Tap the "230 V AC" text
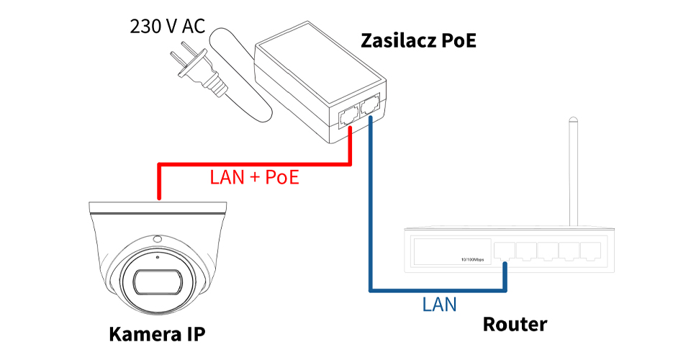click(168, 27)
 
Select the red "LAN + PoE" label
click(254, 178)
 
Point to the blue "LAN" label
click(439, 304)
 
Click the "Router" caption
click(515, 325)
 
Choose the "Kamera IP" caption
click(157, 334)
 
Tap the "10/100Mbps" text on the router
click(472, 259)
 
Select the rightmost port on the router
click(591, 251)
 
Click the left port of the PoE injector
click(347, 114)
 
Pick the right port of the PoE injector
click(371, 107)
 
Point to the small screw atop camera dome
click(156, 238)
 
